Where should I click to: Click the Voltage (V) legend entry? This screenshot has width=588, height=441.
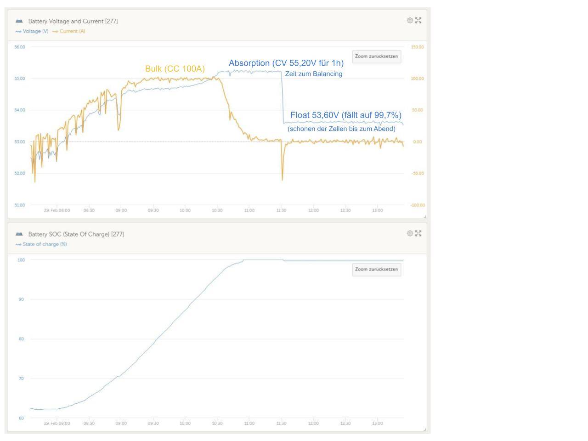[x=32, y=31]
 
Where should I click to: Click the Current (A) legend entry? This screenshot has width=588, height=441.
[x=69, y=31]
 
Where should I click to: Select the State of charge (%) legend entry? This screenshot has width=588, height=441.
[x=41, y=244]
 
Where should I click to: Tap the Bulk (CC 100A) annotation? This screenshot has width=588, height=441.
[x=175, y=69]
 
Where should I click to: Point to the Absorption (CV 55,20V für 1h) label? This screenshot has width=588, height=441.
[x=286, y=63]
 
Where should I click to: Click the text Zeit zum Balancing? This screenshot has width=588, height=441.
[x=314, y=73]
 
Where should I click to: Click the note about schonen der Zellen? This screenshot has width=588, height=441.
[x=341, y=129]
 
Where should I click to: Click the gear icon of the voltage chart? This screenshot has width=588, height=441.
[x=410, y=20]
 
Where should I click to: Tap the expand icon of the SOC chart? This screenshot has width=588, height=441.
[x=418, y=233]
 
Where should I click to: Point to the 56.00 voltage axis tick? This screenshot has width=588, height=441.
[x=20, y=47]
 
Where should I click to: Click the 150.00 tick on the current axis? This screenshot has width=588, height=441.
[x=417, y=47]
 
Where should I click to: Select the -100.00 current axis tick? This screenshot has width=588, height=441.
[x=418, y=205]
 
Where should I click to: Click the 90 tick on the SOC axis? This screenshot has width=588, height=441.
[x=21, y=300]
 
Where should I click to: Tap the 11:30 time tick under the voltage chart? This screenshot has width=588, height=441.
[x=281, y=210]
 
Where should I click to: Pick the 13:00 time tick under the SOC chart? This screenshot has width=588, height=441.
[x=378, y=424]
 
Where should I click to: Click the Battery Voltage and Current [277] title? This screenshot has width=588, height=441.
[x=73, y=21]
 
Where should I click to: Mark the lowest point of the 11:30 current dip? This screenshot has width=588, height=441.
[x=282, y=180]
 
